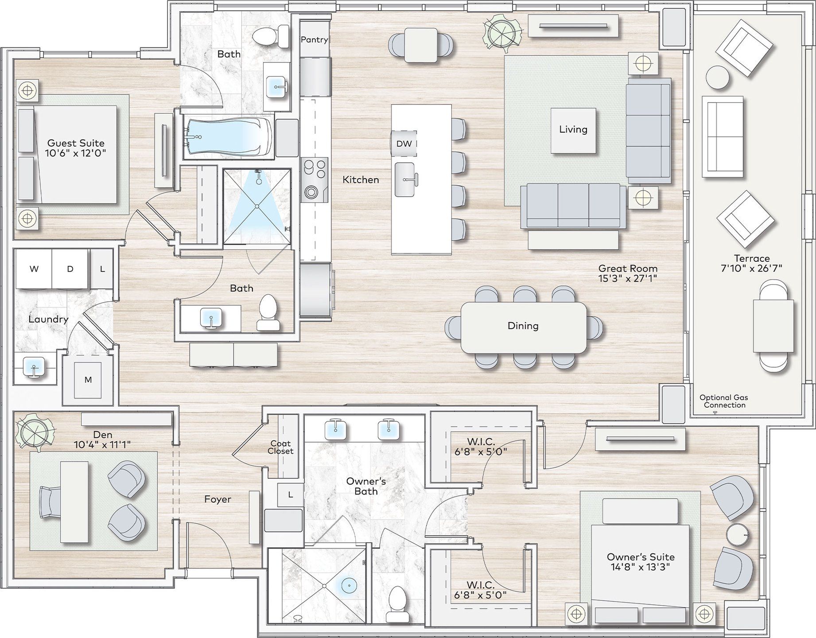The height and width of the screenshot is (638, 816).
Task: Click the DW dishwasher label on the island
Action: pyautogui.click(x=404, y=144)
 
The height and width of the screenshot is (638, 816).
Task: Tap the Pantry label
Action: pyautogui.click(x=314, y=39)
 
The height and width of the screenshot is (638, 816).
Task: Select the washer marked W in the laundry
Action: pyautogui.click(x=34, y=269)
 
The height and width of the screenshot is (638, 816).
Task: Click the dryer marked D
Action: pyautogui.click(x=70, y=269)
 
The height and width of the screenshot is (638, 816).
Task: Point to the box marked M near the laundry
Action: pyautogui.click(x=88, y=380)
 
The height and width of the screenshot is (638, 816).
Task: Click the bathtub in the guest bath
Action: pyautogui.click(x=228, y=137)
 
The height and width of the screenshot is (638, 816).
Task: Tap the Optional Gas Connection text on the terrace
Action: pyautogui.click(x=724, y=401)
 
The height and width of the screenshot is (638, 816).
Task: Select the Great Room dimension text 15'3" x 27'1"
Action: pyautogui.click(x=627, y=278)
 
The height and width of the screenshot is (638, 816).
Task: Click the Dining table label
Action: pyautogui.click(x=523, y=326)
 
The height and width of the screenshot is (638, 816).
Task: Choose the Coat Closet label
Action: pyautogui.click(x=280, y=447)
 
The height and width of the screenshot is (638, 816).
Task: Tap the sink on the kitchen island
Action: pyautogui.click(x=405, y=179)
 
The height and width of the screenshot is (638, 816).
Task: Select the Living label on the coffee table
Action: pyautogui.click(x=573, y=129)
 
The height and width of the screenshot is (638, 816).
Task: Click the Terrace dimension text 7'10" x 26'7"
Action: pyautogui.click(x=751, y=268)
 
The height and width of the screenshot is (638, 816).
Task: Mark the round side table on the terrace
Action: pyautogui.click(x=717, y=78)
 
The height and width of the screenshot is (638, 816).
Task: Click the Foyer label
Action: pyautogui.click(x=218, y=499)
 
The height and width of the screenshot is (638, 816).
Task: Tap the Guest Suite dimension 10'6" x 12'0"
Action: pyautogui.click(x=75, y=153)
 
